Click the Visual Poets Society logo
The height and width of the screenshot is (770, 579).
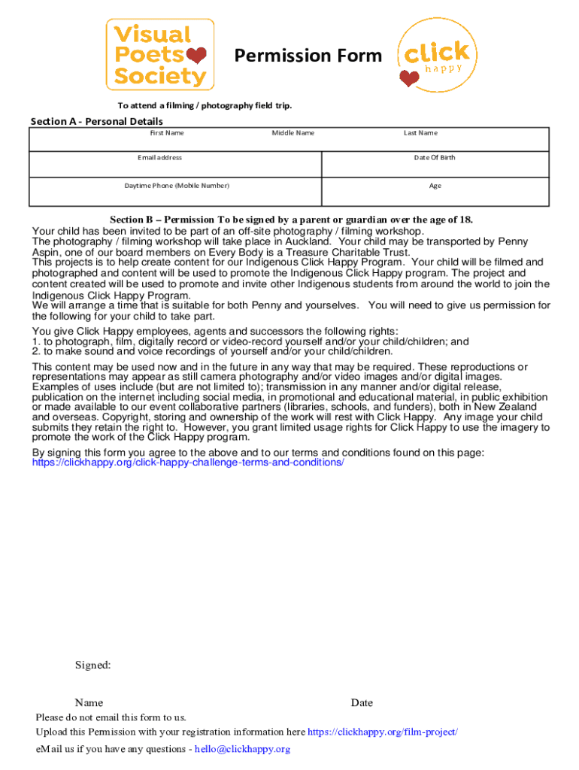coord(159,55)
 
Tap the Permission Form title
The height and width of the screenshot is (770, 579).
coord(308,56)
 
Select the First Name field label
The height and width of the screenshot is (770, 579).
coord(167,133)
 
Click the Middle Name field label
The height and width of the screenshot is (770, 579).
coord(293,133)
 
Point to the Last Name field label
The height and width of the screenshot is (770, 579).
coord(420,133)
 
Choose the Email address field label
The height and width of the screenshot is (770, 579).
coord(159,158)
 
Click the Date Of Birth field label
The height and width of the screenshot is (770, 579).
coord(435,158)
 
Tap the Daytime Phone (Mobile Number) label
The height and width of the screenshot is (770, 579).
coord(177,186)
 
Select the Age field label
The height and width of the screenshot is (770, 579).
coord(435,186)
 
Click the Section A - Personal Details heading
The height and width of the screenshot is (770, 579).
coord(96,121)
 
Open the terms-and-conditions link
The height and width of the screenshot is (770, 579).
coord(188,462)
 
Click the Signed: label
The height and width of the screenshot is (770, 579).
coord(93,665)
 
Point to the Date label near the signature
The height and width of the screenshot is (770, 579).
coord(362,703)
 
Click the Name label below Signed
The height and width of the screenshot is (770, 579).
coord(89,703)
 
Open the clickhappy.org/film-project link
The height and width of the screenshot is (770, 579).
coord(383,732)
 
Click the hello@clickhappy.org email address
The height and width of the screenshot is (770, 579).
coord(242,749)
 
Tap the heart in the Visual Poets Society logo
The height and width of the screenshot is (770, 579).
coord(196,55)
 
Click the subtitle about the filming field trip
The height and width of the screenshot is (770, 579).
coord(204,105)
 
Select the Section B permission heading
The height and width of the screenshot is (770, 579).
coord(292,220)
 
